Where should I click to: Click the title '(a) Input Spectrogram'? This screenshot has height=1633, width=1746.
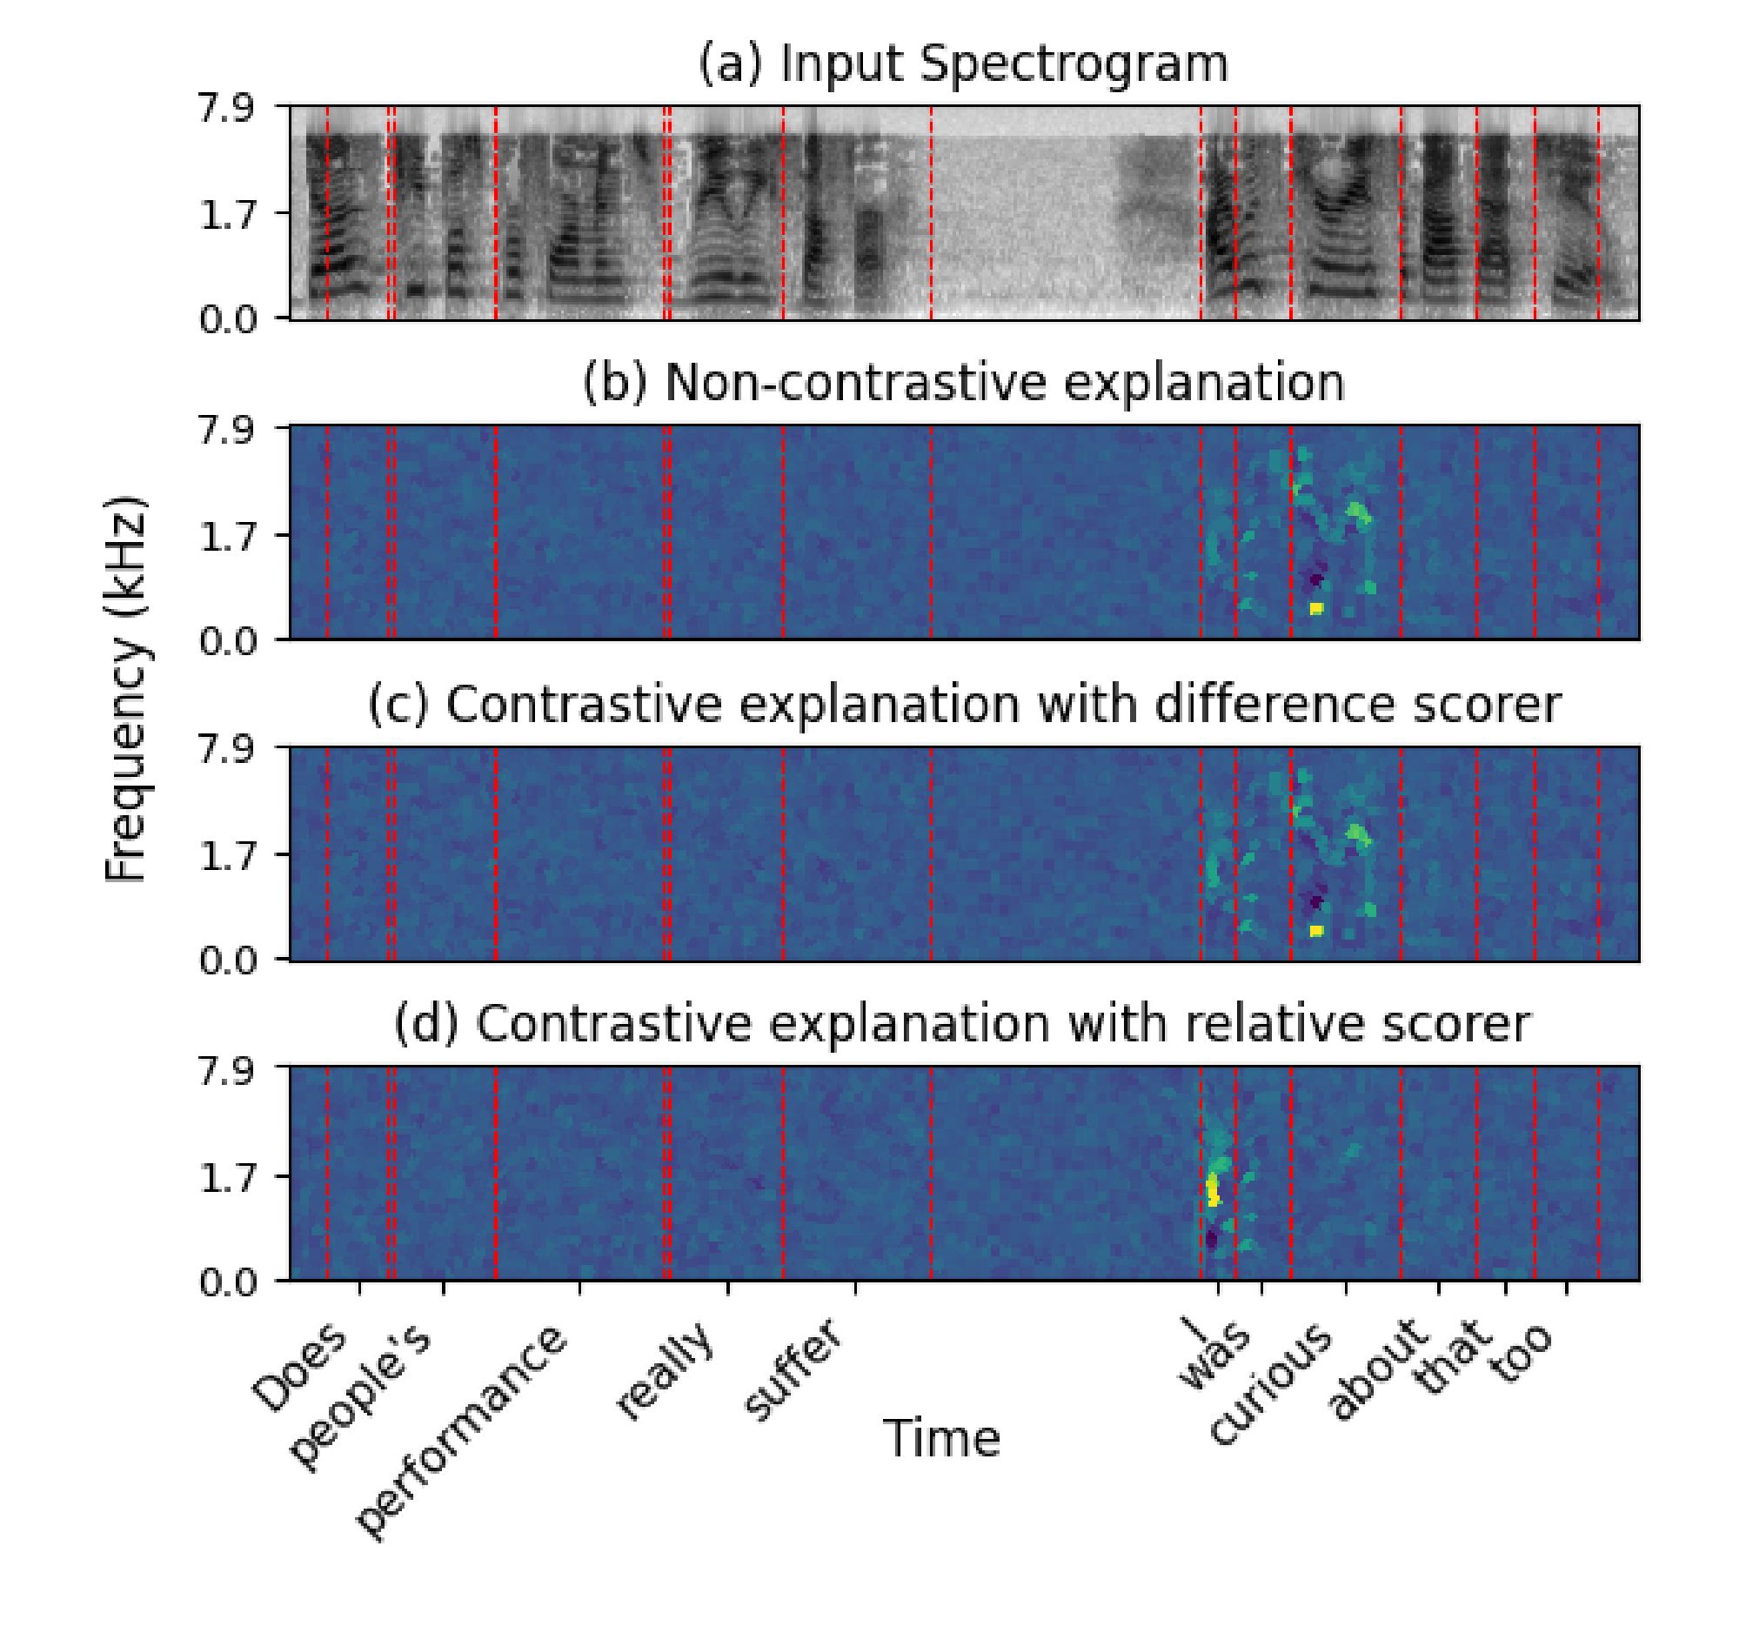962,65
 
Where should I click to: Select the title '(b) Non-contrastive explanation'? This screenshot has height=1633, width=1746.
962,383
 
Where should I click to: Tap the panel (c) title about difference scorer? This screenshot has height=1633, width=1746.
962,705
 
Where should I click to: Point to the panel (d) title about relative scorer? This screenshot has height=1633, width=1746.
962,1024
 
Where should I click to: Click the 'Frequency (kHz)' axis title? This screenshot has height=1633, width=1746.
124,691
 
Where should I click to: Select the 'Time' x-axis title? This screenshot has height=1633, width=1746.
941,1439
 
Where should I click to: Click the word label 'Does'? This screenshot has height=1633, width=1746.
300,1367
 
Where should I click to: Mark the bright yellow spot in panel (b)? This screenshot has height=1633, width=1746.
1315,608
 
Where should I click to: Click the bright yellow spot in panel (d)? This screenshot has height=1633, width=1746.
1214,1191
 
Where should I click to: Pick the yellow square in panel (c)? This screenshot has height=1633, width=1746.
1315,930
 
